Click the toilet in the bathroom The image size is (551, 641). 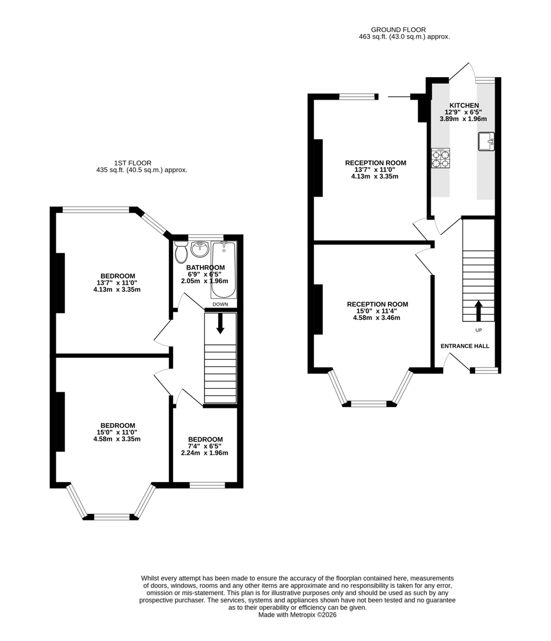tap(181, 252)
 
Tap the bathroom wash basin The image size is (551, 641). tap(199, 250)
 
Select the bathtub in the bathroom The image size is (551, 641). tap(224, 269)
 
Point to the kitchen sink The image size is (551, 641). tap(486, 141)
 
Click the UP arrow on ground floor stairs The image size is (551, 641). tap(478, 310)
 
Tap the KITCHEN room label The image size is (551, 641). tap(464, 105)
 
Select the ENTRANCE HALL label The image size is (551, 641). tap(464, 345)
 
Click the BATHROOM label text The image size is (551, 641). tap(205, 267)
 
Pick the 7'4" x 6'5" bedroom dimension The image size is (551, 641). tap(204, 446)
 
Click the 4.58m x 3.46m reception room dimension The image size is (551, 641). tap(377, 318)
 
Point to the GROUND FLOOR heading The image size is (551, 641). tap(398, 30)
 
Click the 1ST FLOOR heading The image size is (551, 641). tap(133, 163)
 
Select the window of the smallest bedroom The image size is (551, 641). tap(207, 485)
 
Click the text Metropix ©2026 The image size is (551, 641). tap(315, 615)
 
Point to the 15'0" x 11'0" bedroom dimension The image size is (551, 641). tap(117, 432)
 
